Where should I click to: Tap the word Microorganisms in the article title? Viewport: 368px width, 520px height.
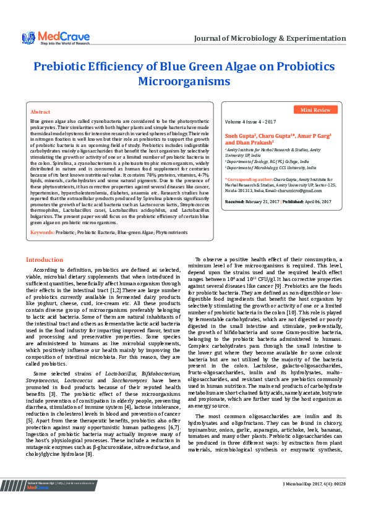(184, 81)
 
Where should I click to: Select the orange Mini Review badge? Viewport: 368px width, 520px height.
(315, 109)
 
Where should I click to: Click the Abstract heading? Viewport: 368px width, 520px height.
(40, 112)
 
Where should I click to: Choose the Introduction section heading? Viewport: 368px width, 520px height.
(45, 277)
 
